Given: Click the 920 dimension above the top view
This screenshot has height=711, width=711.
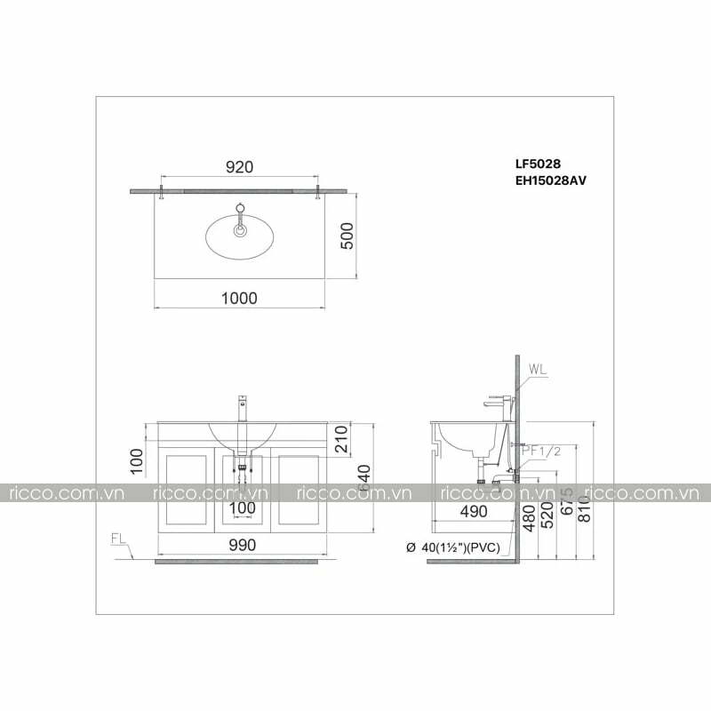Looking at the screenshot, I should pyautogui.click(x=239, y=167).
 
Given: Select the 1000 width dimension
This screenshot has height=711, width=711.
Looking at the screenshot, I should pyautogui.click(x=239, y=299).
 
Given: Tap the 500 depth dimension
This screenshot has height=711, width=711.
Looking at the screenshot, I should pyautogui.click(x=348, y=236).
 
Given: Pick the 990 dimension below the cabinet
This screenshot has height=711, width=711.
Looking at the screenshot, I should pyautogui.click(x=239, y=546).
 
